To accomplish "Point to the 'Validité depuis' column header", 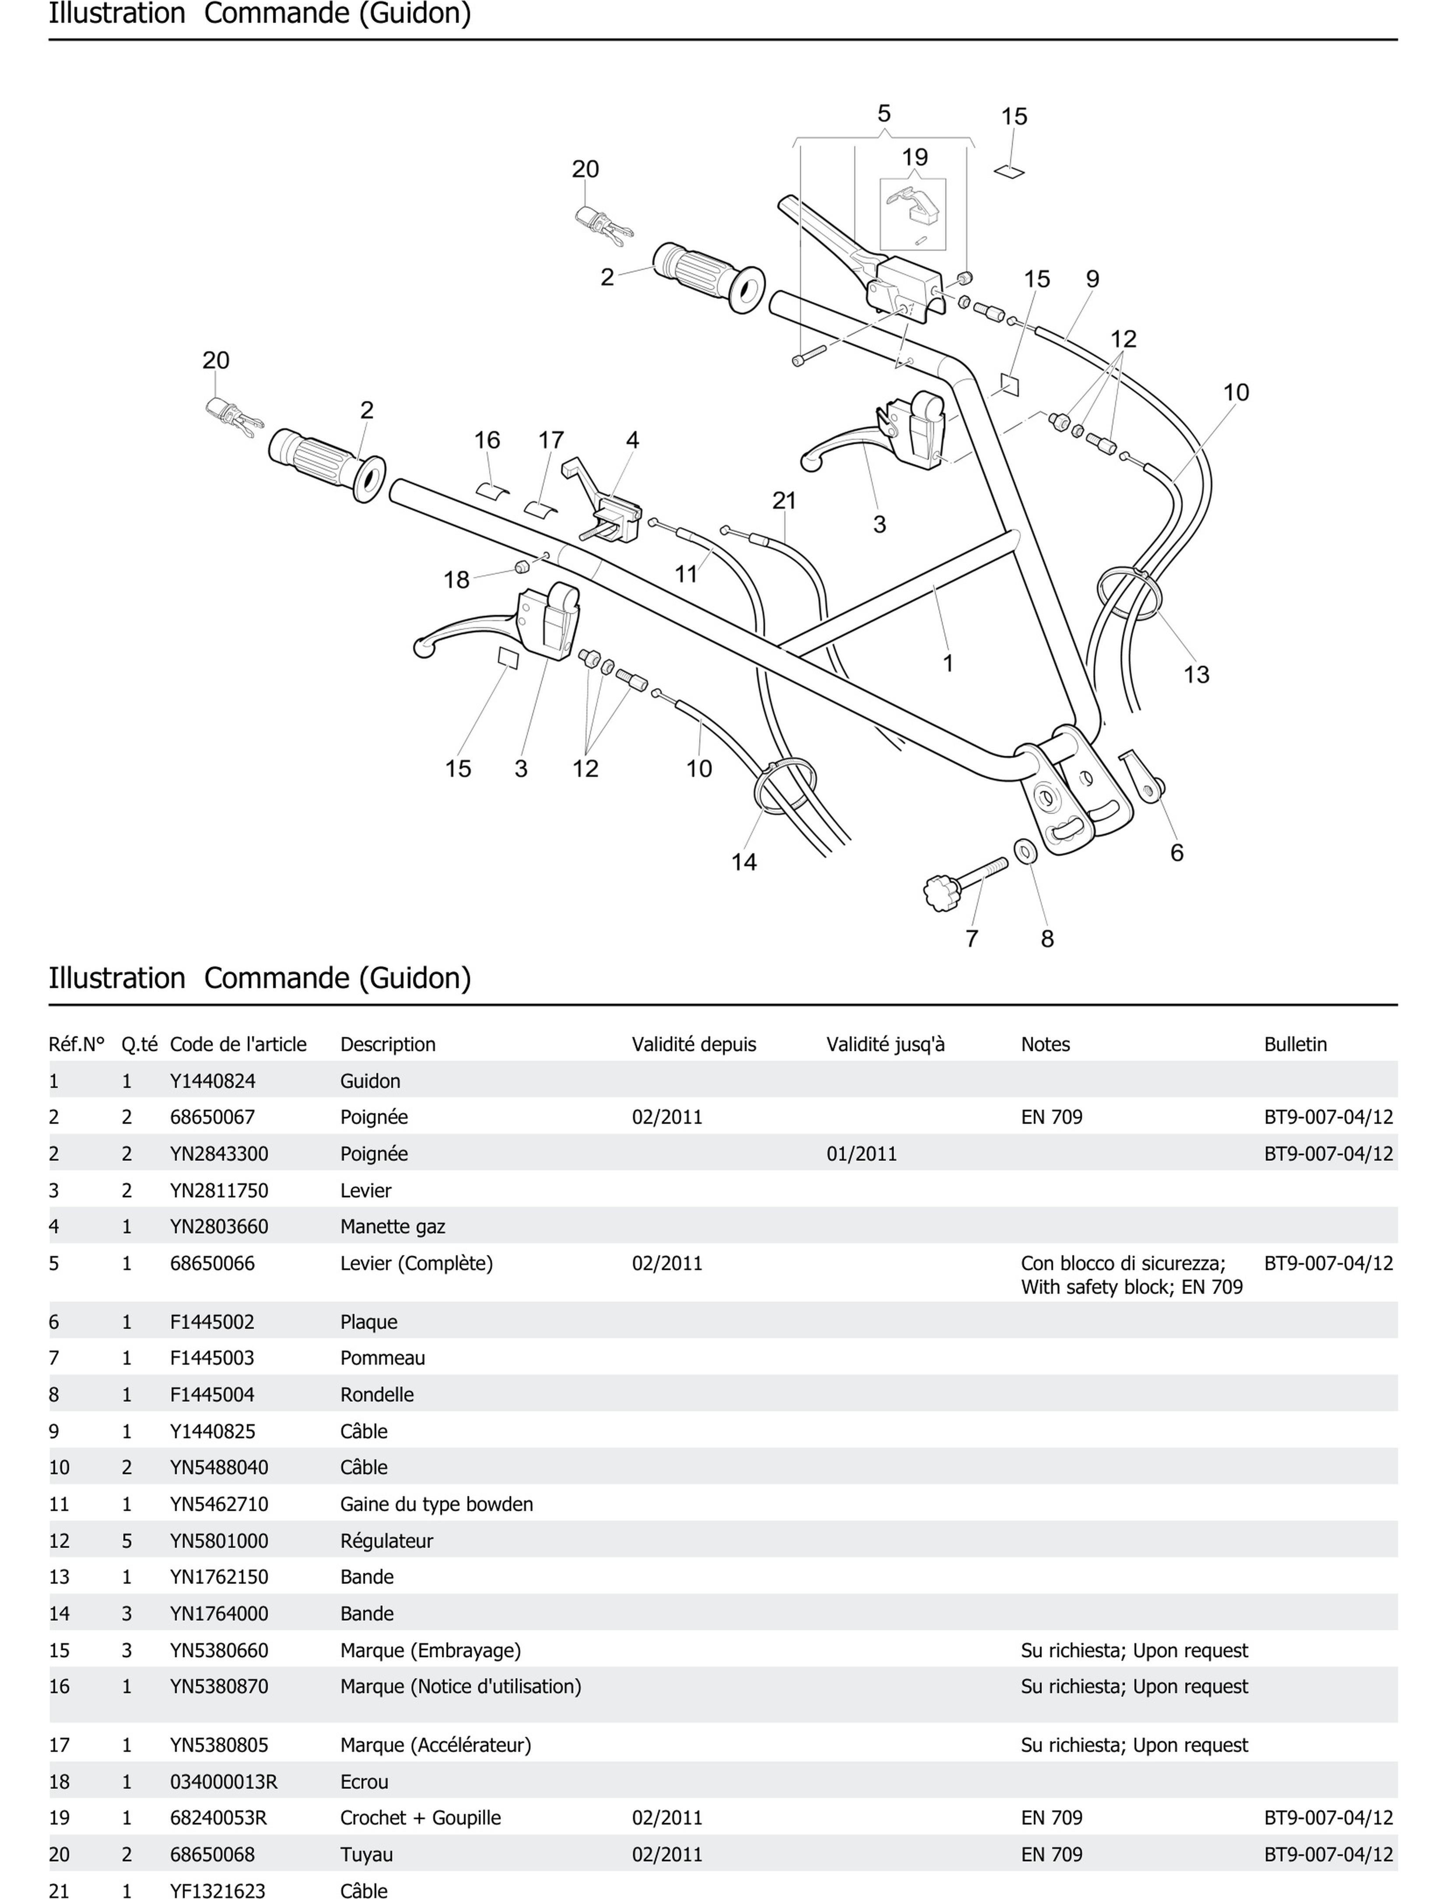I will point(693,1044).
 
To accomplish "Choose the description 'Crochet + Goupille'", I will point(420,1817).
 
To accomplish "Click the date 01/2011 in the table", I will point(861,1154).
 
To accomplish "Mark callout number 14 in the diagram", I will point(743,861).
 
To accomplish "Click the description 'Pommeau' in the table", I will point(383,1358).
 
